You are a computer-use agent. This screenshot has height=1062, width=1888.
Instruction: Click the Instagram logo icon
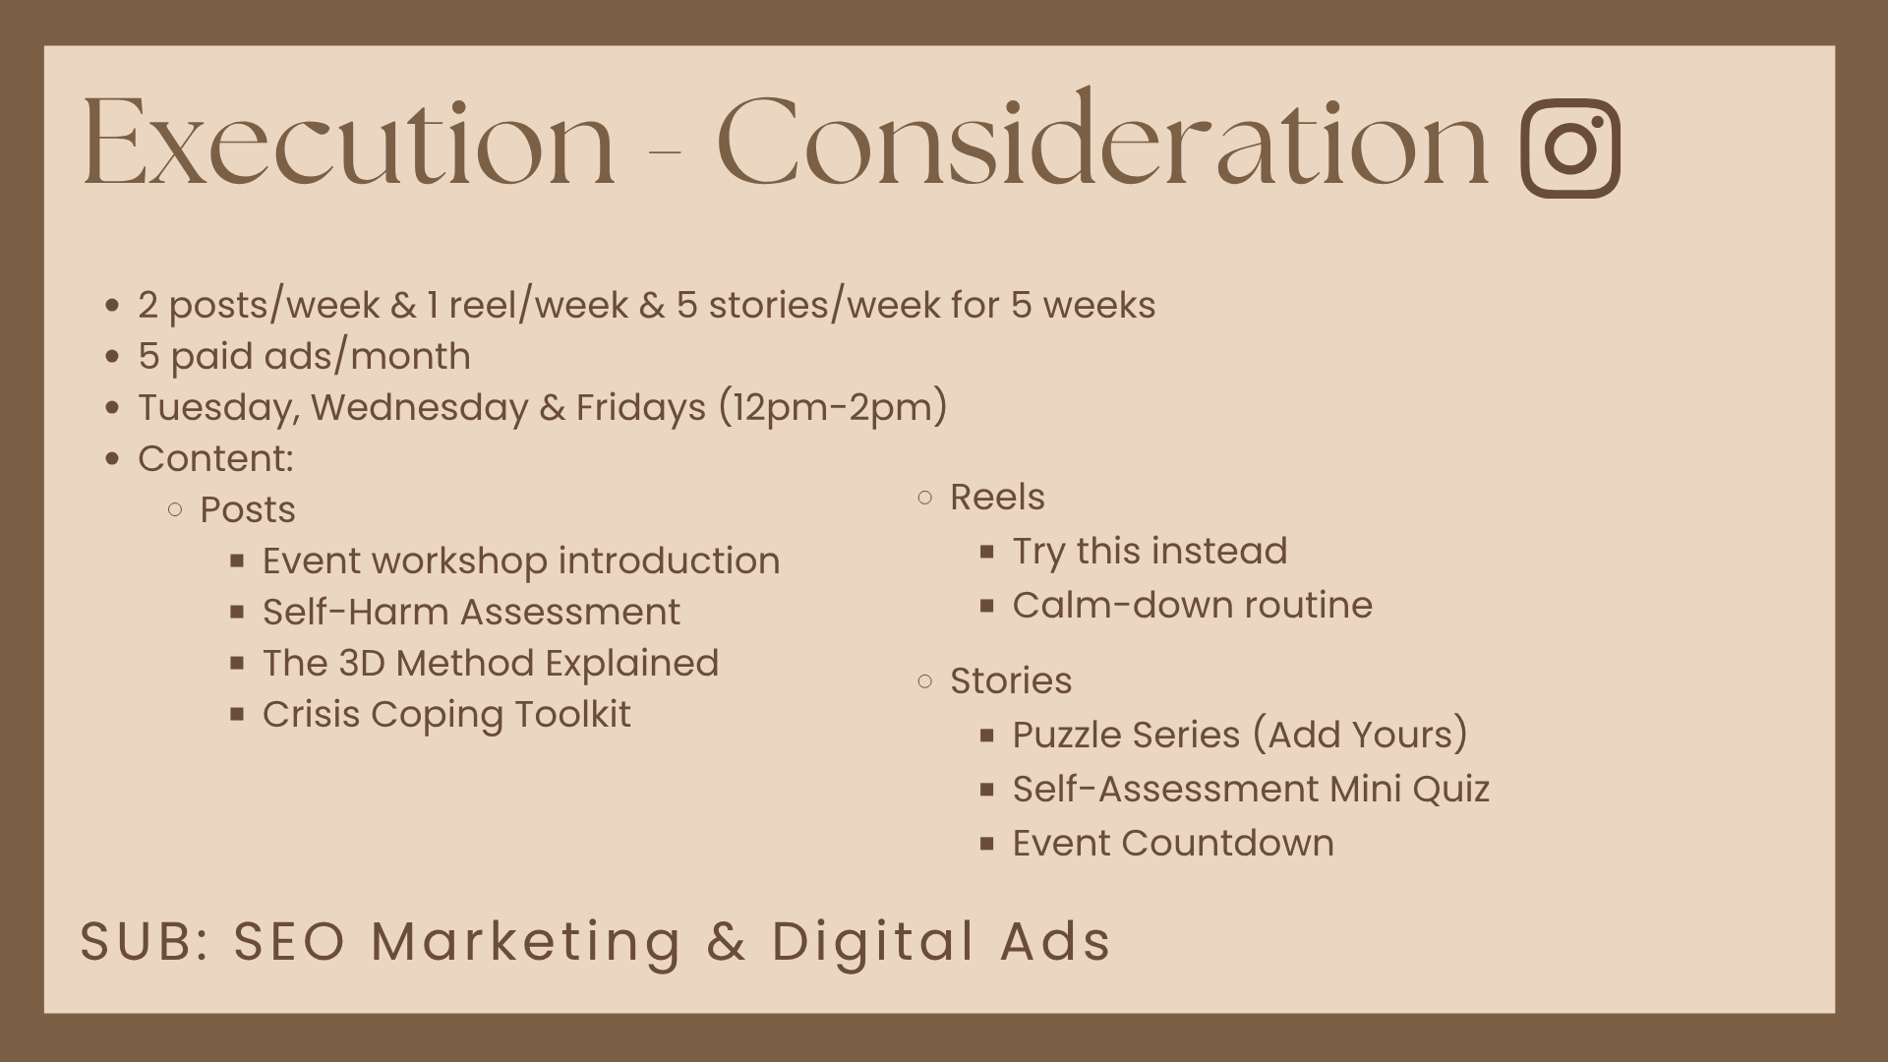[x=1570, y=147]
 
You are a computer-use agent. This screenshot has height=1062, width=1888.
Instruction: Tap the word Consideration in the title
[x=1102, y=139]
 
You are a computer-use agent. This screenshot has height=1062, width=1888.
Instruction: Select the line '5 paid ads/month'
[x=304, y=356]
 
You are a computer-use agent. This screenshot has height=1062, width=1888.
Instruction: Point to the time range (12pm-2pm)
[x=833, y=407]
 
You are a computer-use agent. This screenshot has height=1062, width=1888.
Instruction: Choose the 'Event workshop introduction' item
[x=521, y=560]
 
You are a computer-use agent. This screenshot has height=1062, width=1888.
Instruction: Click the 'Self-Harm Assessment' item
[x=471, y=612]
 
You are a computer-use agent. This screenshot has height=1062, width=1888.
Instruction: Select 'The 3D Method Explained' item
[x=491, y=663]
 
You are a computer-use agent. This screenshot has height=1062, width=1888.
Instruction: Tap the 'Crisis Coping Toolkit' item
[x=446, y=715]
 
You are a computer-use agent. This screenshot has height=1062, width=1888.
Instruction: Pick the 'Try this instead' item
[x=1150, y=552]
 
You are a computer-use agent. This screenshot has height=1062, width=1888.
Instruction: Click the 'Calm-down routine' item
[x=1192, y=605]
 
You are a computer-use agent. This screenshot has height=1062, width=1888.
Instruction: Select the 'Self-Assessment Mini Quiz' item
[x=1251, y=789]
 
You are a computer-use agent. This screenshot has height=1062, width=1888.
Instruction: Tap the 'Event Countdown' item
[x=1173, y=843]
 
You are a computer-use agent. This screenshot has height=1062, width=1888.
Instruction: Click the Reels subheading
[x=997, y=497]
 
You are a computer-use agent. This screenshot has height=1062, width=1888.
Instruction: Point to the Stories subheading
[x=1011, y=680]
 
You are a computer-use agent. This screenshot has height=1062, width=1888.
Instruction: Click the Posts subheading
[x=248, y=509]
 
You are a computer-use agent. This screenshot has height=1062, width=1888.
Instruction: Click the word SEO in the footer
[x=290, y=940]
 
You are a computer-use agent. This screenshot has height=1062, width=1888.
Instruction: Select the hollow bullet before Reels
[x=924, y=498]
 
